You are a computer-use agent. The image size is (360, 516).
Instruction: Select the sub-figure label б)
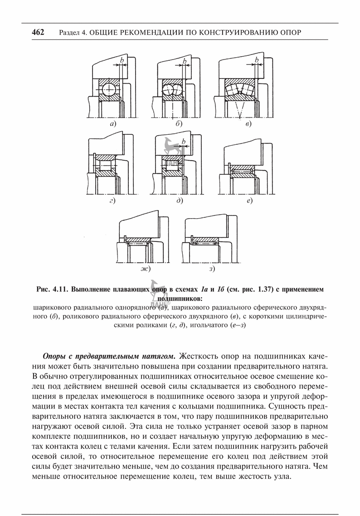(x=179, y=123)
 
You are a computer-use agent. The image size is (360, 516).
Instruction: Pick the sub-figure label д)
(x=180, y=200)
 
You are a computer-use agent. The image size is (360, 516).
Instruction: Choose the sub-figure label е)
(x=249, y=200)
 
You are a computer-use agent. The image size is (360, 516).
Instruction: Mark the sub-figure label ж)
(x=145, y=269)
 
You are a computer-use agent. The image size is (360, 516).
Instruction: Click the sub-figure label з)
(x=212, y=269)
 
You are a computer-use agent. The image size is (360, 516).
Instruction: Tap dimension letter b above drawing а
(x=122, y=60)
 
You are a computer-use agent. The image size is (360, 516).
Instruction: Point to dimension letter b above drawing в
(x=257, y=60)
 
